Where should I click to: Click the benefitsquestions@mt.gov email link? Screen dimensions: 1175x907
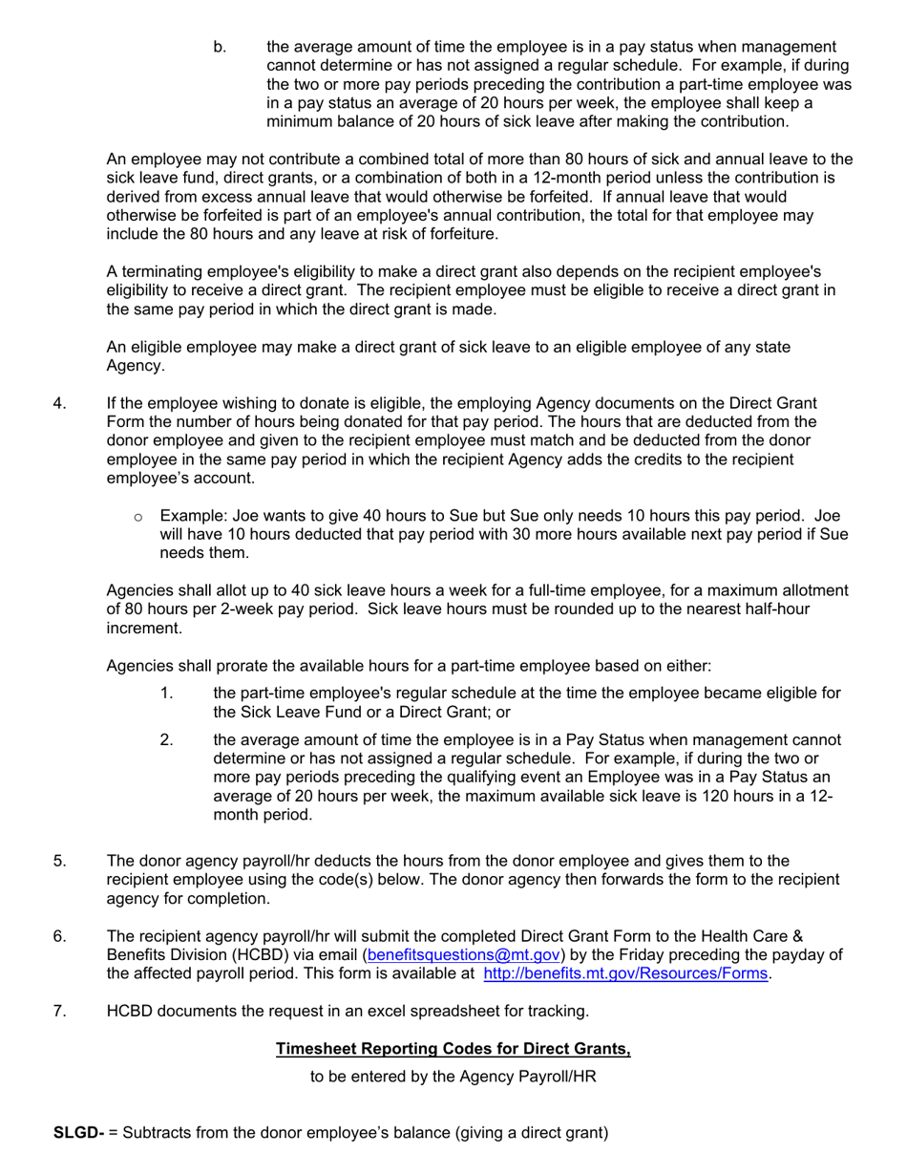[463, 954]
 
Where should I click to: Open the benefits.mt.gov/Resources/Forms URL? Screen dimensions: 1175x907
[625, 973]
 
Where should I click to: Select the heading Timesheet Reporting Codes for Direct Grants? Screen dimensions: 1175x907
[453, 1049]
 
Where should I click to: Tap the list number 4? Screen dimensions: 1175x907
[60, 403]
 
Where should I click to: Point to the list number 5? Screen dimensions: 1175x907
[60, 861]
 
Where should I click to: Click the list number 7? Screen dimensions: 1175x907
[60, 1011]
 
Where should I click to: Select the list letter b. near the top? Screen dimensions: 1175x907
[220, 47]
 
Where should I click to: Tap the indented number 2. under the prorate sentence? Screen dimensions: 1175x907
[167, 739]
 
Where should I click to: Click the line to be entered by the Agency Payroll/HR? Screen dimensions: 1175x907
[453, 1077]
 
